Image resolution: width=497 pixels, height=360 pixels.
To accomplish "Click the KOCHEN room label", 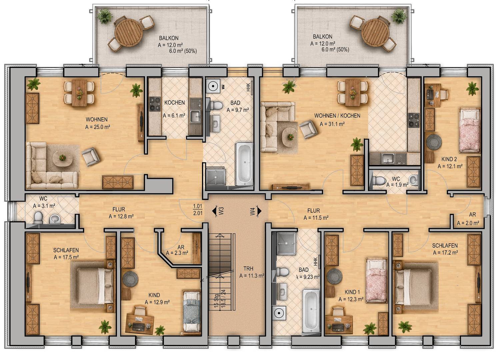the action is (x=174, y=103).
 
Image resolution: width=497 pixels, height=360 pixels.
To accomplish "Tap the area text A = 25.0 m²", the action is (x=98, y=127).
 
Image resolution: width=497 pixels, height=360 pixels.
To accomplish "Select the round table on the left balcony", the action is (x=128, y=33).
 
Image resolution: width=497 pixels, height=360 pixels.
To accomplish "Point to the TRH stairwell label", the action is (x=248, y=269).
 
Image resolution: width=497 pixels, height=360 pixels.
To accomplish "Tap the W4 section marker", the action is (x=256, y=211).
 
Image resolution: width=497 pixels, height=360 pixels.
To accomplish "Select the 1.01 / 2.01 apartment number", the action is (x=197, y=210).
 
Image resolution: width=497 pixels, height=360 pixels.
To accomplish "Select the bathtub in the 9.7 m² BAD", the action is (x=244, y=164).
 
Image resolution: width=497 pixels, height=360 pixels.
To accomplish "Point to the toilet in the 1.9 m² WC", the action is (x=379, y=180).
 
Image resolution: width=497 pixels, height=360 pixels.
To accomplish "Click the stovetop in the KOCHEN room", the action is (x=155, y=104).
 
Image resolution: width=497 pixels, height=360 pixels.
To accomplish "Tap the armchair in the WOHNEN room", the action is (x=91, y=157).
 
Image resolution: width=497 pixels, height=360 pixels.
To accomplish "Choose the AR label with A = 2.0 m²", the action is (x=472, y=214).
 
